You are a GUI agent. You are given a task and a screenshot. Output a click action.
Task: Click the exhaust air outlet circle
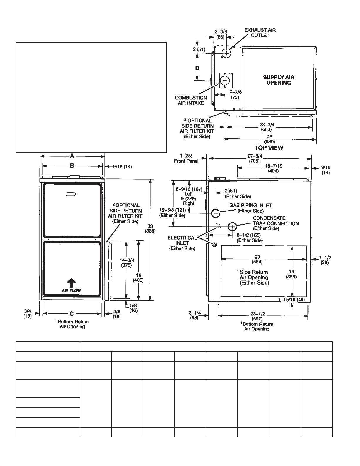pyautogui.click(x=226, y=53)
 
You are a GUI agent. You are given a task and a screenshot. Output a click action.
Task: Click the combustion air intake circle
pyautogui.click(x=225, y=81)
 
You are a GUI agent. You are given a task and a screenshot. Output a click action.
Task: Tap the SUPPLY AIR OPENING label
pyautogui.click(x=279, y=80)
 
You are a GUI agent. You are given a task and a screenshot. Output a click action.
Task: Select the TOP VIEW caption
pyautogui.click(x=269, y=148)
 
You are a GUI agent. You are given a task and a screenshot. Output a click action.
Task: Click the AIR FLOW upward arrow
pyautogui.click(x=71, y=283)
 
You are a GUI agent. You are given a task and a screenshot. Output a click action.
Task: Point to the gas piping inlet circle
pyautogui.click(x=216, y=213)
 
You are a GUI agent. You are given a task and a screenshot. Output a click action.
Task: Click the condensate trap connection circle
pyautogui.click(x=232, y=227)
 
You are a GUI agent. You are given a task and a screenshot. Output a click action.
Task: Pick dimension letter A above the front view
pyautogui.click(x=72, y=156)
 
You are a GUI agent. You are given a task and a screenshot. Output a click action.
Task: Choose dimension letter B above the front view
pyautogui.click(x=72, y=166)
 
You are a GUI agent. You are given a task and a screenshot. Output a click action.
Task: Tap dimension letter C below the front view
pyautogui.click(x=72, y=314)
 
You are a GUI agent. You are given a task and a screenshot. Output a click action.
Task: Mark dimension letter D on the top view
pyautogui.click(x=197, y=68)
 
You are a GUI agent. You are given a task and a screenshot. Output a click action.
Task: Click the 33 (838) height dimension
pyautogui.click(x=150, y=229)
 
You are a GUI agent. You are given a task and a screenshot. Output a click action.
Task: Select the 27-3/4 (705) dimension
pyautogui.click(x=254, y=158)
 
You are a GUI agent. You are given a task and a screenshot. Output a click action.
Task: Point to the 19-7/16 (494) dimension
pyautogui.click(x=273, y=168)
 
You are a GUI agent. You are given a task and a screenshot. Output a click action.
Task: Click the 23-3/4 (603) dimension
pyautogui.click(x=266, y=127)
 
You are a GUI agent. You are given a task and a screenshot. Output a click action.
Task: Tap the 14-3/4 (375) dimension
pyautogui.click(x=127, y=263)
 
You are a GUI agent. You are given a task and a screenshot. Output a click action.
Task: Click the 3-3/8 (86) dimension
pyautogui.click(x=220, y=34)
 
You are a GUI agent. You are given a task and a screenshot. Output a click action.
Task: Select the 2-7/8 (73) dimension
pyautogui.click(x=235, y=95)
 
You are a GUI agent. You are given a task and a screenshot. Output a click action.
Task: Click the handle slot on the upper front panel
pyautogui.click(x=71, y=194)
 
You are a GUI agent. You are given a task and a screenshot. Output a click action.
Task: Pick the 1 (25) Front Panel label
pyautogui.click(x=186, y=158)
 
